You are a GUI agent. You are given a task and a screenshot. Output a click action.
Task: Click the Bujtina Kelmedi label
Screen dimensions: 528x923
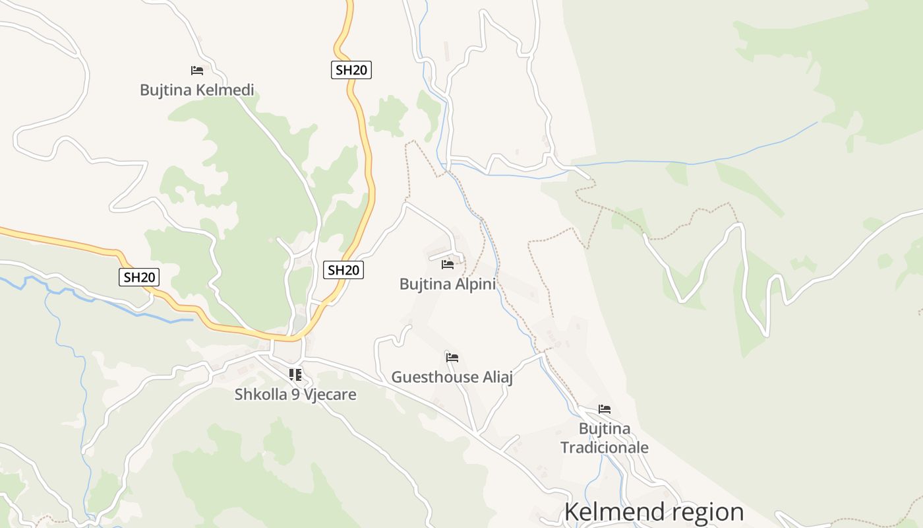(196, 90)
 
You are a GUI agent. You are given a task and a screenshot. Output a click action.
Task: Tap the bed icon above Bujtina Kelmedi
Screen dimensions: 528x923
(196, 70)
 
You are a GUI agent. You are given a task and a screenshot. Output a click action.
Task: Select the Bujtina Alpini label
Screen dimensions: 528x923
(447, 284)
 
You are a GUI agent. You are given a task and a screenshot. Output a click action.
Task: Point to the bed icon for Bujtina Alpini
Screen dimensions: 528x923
(448, 265)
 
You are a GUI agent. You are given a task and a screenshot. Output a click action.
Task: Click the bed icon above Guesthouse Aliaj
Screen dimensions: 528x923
(452, 358)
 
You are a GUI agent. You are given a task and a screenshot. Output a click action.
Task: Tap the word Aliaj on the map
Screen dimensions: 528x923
(497, 377)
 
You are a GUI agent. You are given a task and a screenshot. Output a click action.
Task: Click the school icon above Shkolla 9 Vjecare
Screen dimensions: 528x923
(295, 375)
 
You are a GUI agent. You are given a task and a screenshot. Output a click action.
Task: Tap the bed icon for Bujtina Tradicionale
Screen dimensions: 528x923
(604, 409)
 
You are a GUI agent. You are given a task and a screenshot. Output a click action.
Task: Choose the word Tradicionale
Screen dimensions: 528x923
(605, 447)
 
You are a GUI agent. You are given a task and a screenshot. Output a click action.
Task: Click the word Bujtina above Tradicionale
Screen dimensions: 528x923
(605, 429)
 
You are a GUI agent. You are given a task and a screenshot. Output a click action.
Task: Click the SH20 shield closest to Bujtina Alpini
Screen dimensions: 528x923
(344, 269)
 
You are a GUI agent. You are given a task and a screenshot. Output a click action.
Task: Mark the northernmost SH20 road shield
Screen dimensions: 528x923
(351, 70)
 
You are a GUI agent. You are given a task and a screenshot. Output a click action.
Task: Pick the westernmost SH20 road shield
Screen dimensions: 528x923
(139, 277)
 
